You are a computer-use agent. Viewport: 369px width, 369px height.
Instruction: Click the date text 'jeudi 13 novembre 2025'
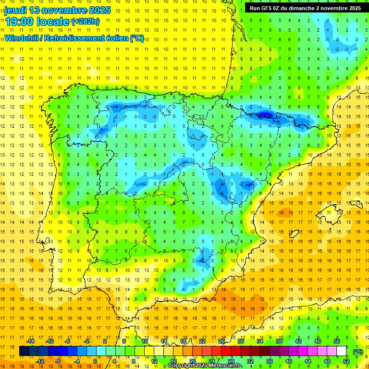coord(57,10)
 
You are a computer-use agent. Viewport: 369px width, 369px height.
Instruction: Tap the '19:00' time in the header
coord(19,22)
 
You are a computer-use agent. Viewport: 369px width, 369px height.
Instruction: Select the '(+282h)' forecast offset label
coord(85,22)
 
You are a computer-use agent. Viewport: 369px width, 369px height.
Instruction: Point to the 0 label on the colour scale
coord(95,361)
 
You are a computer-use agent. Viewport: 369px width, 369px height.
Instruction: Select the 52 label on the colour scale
coord(346,361)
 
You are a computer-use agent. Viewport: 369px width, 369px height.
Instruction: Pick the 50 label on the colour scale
coord(337,341)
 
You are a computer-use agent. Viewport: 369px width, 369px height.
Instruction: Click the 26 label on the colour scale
coord(221,341)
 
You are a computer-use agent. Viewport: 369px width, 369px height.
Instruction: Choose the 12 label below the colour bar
coord(154,361)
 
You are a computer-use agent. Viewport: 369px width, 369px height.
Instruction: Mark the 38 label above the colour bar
coord(279,341)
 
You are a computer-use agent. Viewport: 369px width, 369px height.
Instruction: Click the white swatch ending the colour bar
coord(342,351)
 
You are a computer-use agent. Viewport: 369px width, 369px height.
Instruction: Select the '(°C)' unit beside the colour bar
coord(358,351)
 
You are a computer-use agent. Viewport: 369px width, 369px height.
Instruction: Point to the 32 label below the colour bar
coord(250,361)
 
